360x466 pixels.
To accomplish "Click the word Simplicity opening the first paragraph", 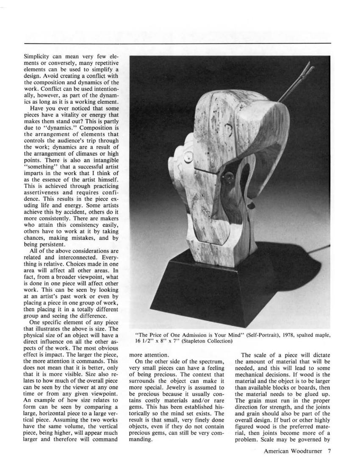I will (37, 56).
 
